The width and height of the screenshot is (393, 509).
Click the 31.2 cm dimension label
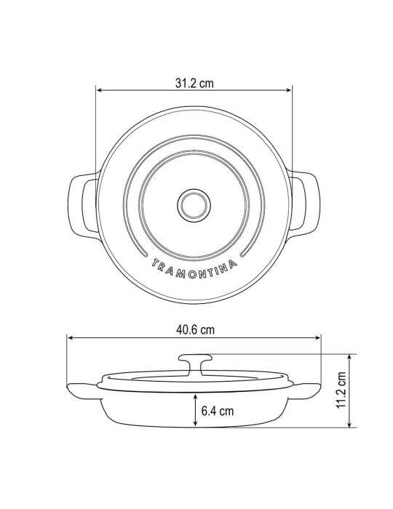[x=194, y=83]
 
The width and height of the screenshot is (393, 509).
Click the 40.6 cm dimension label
[x=195, y=330]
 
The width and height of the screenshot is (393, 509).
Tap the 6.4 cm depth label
[x=218, y=411]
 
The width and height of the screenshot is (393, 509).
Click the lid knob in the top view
[x=194, y=206]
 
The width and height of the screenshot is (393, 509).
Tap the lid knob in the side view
[x=196, y=364]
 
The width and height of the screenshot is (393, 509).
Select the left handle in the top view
[x=83, y=206]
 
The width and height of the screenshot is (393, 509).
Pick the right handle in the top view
[x=305, y=205]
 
